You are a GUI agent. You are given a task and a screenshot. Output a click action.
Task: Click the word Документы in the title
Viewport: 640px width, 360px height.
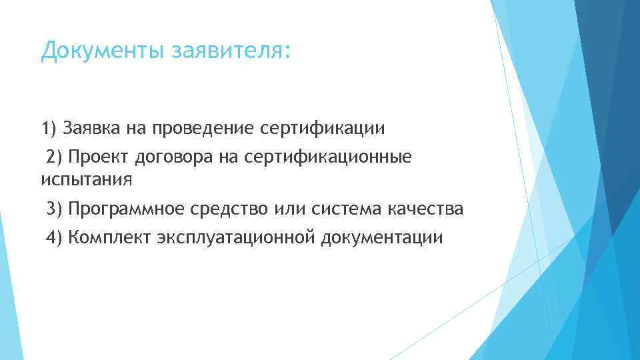coord(103,51)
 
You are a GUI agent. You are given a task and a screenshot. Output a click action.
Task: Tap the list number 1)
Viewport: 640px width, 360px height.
coord(50,127)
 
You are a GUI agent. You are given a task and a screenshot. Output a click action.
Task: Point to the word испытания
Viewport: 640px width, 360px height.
coord(87,179)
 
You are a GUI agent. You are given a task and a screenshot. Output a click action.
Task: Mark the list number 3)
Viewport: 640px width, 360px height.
coord(54,210)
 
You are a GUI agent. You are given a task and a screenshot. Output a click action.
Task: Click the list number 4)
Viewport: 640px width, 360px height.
coord(54,238)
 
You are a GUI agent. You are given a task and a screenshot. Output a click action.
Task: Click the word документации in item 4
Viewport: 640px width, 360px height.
coord(381,238)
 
